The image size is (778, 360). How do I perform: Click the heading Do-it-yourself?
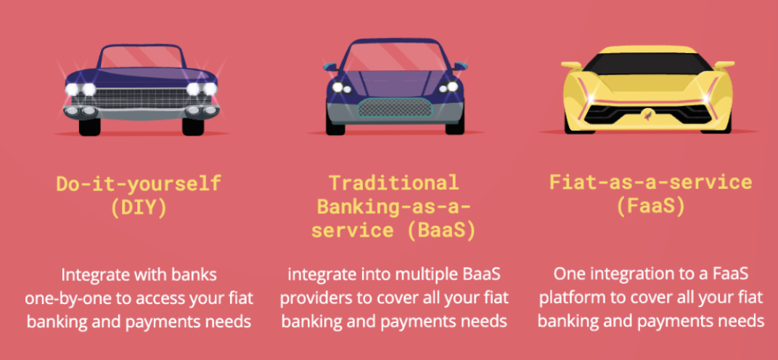coord(139,184)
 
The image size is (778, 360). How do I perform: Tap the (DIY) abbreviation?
coord(139,208)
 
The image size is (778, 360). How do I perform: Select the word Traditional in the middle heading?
coord(395,183)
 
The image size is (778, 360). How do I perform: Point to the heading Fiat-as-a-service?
coord(650,183)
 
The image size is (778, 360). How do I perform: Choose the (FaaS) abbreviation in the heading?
coord(650,207)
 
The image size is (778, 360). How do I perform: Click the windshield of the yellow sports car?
coord(647,64)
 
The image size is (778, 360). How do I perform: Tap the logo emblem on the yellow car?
coord(648,115)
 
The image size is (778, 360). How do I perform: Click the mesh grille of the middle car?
coord(395,107)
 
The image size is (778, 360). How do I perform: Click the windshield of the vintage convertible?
coord(141,57)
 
